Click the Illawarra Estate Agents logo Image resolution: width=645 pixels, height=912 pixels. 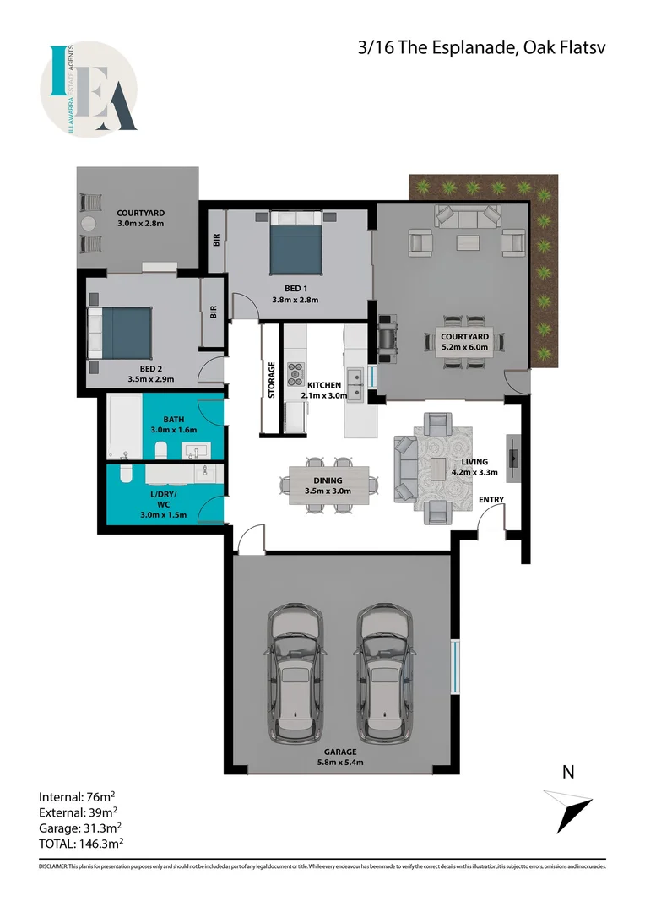89,90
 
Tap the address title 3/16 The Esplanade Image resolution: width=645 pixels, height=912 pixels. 482,48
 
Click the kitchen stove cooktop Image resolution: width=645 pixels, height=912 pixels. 297,372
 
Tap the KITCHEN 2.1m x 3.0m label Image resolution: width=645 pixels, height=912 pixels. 324,389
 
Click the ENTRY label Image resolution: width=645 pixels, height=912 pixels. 491,500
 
